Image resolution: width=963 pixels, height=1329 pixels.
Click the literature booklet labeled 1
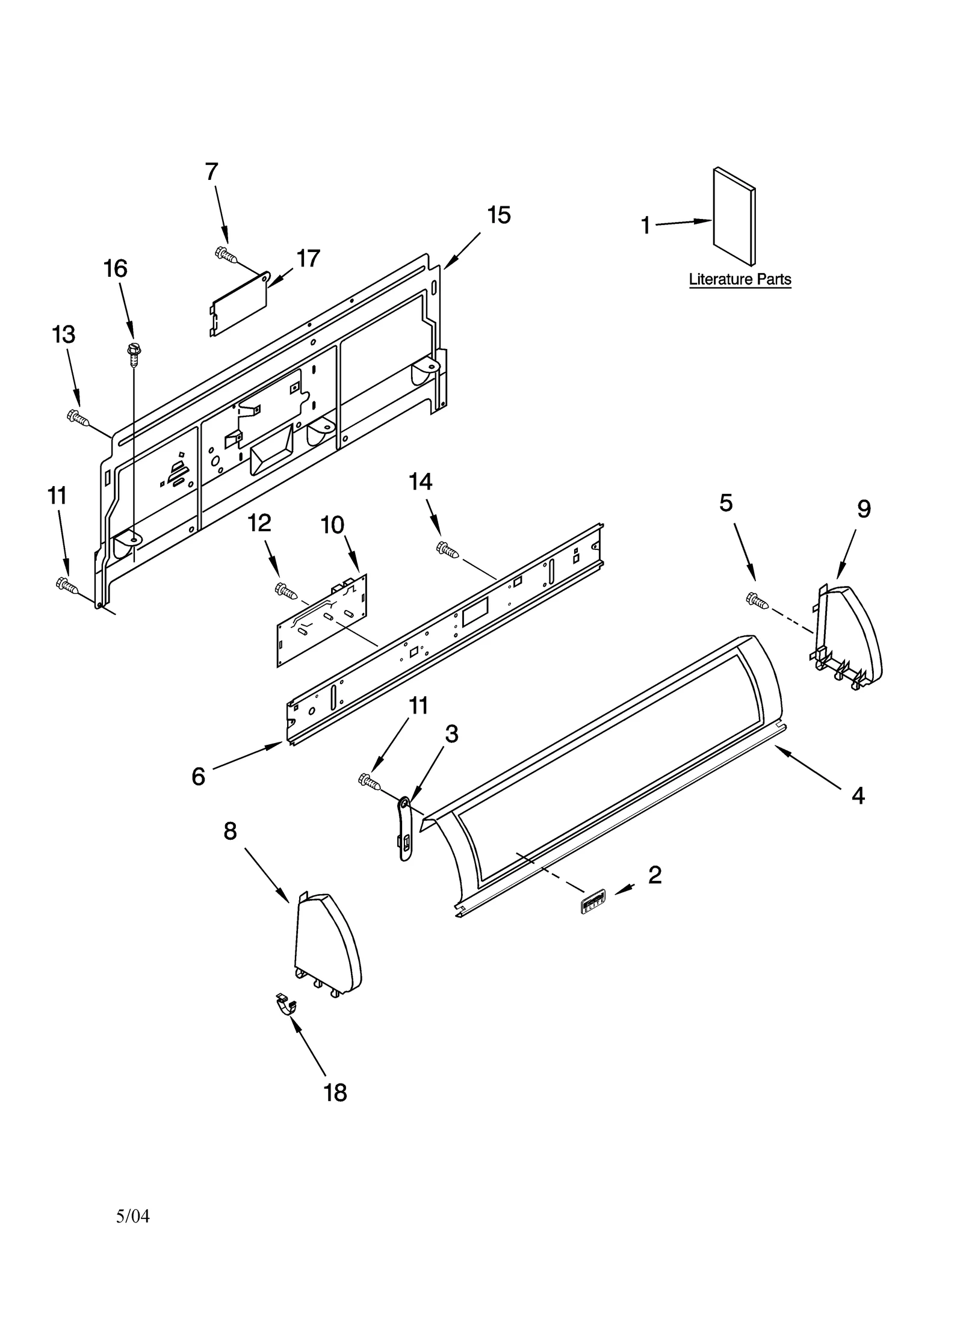coord(733,217)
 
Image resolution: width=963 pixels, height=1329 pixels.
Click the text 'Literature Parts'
coord(739,279)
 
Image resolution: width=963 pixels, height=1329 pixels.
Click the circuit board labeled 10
coord(322,620)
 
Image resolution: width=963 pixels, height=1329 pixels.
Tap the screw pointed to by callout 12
coord(286,591)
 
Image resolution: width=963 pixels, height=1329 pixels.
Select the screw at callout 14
coord(447,549)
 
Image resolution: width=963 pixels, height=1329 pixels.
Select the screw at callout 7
coord(226,254)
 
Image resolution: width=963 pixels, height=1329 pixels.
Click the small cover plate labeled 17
coord(238,304)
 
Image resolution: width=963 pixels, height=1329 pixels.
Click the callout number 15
coord(498,215)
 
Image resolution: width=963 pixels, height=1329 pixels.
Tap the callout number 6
coord(198,776)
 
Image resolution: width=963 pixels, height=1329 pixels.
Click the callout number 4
coord(858,795)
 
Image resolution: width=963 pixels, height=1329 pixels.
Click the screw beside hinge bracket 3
coord(369,782)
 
